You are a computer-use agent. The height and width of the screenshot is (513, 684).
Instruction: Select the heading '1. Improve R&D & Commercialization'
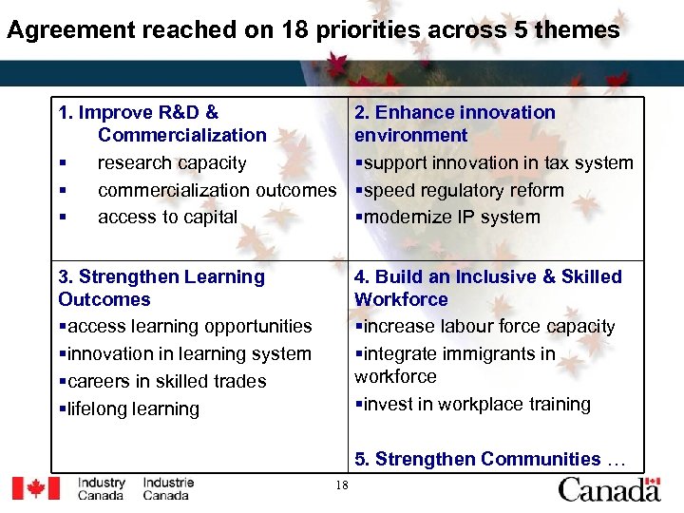click(x=161, y=123)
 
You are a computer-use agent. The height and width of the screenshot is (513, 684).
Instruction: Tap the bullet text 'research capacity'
click(x=172, y=162)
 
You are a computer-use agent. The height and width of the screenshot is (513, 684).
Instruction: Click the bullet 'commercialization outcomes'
click(x=217, y=190)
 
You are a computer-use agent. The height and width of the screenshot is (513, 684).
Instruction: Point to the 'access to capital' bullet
click(x=167, y=217)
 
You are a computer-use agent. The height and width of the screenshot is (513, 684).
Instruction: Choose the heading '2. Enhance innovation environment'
click(x=454, y=123)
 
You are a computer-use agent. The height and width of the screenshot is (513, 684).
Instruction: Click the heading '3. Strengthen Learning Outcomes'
click(x=161, y=288)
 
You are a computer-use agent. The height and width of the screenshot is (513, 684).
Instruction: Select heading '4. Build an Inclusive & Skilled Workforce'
click(x=487, y=288)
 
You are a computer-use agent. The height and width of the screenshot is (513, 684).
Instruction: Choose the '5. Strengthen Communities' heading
click(x=478, y=459)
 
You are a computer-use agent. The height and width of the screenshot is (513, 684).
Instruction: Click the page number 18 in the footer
click(x=342, y=486)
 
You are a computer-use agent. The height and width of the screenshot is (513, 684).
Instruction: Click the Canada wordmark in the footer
click(x=608, y=489)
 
